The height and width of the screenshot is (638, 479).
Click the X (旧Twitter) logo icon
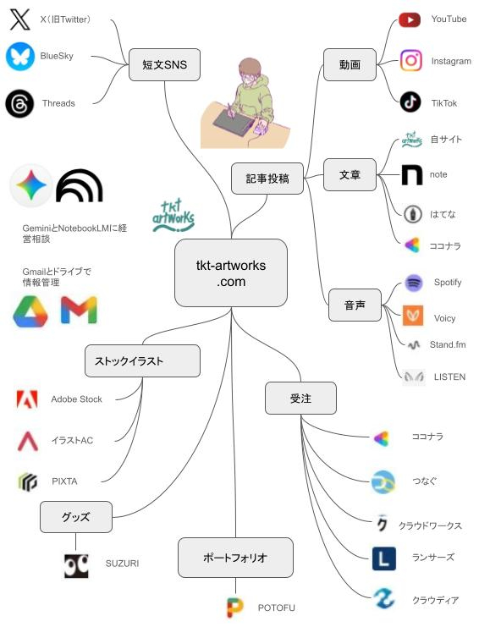click(x=19, y=19)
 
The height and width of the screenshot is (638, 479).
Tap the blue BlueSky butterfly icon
click(x=20, y=56)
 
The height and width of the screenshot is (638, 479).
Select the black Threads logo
click(x=19, y=104)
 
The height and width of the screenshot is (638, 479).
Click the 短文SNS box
click(x=164, y=64)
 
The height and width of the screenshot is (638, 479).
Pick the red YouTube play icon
click(x=410, y=19)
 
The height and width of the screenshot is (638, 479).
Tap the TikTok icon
click(x=410, y=102)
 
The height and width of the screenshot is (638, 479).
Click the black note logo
click(x=411, y=175)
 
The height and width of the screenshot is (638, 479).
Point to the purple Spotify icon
click(x=414, y=283)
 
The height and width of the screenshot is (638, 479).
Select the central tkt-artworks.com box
click(x=231, y=273)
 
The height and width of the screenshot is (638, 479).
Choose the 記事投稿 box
click(x=267, y=179)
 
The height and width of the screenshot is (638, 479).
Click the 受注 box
click(x=300, y=399)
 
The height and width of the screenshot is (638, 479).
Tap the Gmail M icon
click(x=79, y=310)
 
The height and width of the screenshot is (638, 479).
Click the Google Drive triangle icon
click(x=30, y=311)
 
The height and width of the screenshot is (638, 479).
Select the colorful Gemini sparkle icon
click(x=31, y=185)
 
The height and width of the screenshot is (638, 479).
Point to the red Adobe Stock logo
click(x=27, y=399)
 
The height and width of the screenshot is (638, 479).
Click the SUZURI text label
click(x=122, y=564)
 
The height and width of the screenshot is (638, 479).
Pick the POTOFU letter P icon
click(x=234, y=608)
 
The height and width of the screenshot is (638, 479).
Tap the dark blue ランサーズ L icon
click(x=383, y=558)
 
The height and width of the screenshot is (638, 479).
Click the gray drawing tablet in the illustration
click(x=232, y=122)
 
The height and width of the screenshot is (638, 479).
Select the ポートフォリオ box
click(x=235, y=558)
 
